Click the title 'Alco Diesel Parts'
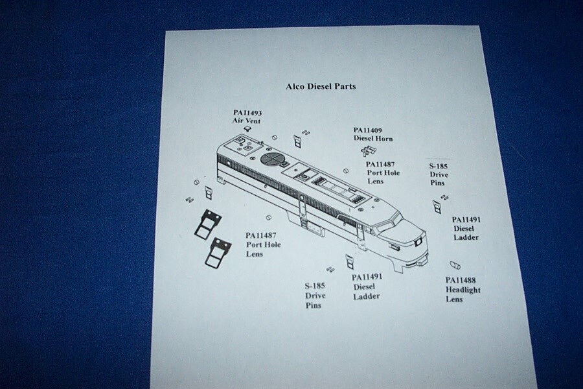pos(321,86)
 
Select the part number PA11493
pos(247,112)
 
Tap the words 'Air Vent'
pos(247,121)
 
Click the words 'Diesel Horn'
pos(373,139)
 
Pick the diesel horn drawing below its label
pos(368,150)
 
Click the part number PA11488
pos(462,280)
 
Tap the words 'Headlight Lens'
pos(463,295)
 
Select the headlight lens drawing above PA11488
pos(454,265)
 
